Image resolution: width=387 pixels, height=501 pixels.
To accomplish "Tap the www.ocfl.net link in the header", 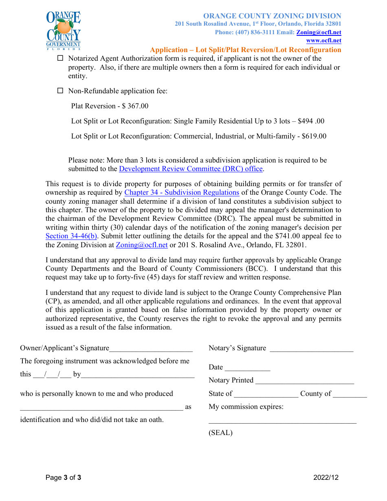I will (323, 41).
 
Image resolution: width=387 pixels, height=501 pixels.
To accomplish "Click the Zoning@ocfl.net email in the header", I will (319, 33).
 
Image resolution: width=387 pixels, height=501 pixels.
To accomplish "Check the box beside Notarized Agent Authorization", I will (60, 58).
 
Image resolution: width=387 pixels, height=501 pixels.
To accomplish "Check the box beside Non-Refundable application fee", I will (60, 91).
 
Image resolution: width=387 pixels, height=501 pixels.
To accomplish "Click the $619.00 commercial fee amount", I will (314, 136).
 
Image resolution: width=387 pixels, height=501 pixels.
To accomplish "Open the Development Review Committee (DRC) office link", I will (191, 169).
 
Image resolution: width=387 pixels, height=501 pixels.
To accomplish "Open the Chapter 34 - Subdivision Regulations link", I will (182, 193).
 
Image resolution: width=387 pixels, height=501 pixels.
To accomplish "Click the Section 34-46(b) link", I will (71, 236).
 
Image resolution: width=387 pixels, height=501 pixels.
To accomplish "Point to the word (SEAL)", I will (220, 433).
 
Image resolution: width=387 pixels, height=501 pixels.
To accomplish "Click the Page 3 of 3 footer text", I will (63, 478).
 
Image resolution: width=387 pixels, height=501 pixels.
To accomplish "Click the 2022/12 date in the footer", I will (326, 478).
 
